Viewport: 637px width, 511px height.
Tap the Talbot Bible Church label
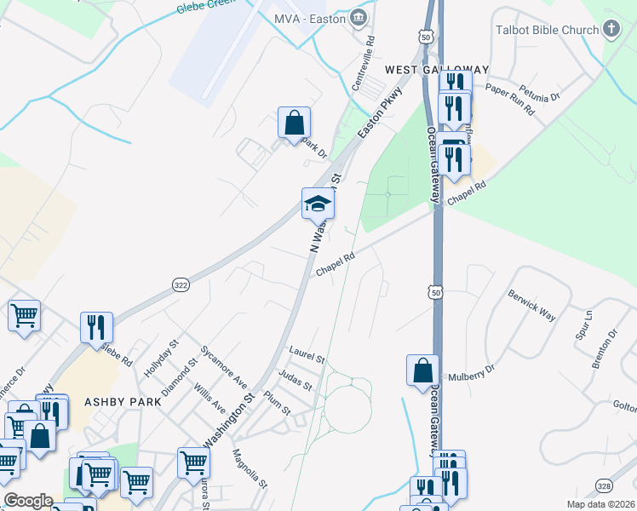547,30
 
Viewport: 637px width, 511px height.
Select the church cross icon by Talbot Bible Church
611,30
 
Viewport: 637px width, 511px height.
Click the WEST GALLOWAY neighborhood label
437,70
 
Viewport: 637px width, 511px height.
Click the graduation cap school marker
317,204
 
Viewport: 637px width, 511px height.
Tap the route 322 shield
180,284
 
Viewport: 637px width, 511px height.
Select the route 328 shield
603,486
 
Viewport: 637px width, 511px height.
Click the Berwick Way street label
531,307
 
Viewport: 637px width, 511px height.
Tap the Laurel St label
307,354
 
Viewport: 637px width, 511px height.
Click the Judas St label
296,379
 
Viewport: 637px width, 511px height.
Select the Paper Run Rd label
509,99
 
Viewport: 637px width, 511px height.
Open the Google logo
28,501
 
